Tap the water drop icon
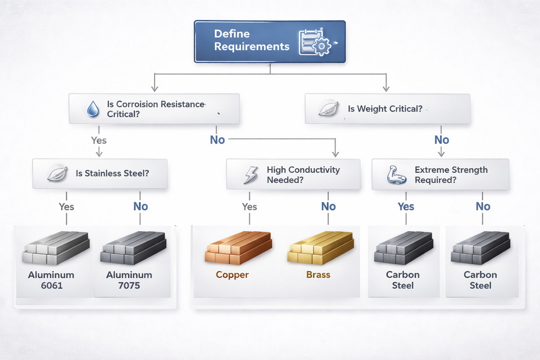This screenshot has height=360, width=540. pyautogui.click(x=93, y=108)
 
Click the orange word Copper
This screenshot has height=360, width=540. pyautogui.click(x=232, y=275)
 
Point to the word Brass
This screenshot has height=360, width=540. pyautogui.click(x=318, y=275)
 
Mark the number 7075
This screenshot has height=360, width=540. pyautogui.click(x=129, y=285)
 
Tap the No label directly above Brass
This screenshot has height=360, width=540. pyautogui.click(x=328, y=207)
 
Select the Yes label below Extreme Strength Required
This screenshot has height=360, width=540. pyautogui.click(x=405, y=207)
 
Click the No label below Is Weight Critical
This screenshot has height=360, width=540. pyautogui.click(x=441, y=140)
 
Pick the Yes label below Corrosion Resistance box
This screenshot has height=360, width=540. pyautogui.click(x=99, y=140)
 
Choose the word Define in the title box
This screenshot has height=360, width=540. pyautogui.click(x=232, y=34)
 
